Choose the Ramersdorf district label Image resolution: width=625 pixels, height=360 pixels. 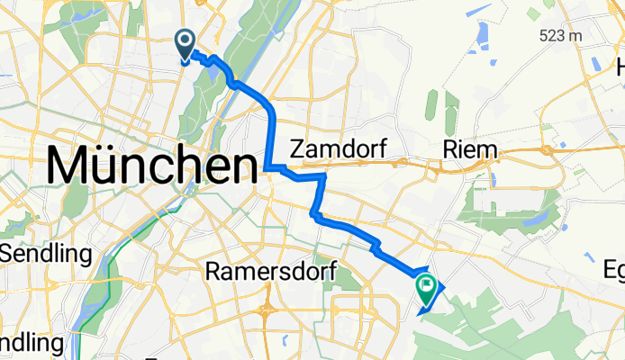point(270,270)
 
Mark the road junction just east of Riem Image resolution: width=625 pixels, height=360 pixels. point(547,150)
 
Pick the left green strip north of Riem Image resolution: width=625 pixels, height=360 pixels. point(430,108)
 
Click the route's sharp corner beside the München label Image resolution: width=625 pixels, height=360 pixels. point(268,166)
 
